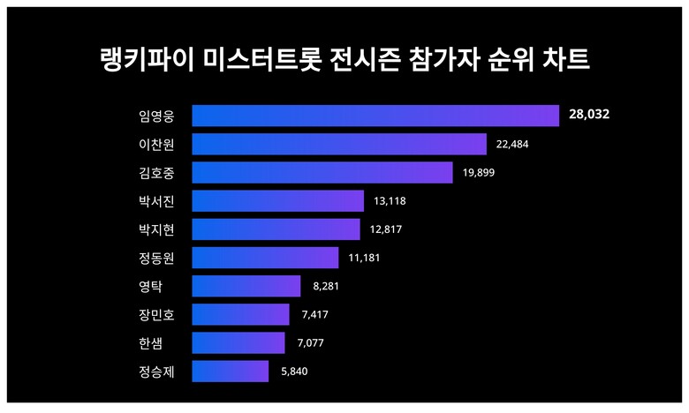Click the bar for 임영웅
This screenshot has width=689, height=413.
point(375,116)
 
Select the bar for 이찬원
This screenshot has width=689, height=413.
point(339,144)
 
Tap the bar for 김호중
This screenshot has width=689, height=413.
point(322,172)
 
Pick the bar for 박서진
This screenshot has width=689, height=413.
point(277,201)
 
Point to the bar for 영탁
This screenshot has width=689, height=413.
point(246,286)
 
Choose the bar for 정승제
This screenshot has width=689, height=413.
point(230,372)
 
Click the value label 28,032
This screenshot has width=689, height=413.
point(589,116)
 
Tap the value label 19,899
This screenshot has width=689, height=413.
point(480,172)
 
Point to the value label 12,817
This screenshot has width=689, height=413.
point(387,229)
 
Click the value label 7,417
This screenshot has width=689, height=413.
point(314,314)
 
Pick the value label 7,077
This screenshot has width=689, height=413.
point(310,342)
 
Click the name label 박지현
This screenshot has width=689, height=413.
point(156,229)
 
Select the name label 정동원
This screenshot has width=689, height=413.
point(156,258)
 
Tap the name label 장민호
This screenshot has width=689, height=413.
point(156,314)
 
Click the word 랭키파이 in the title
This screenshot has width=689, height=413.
point(145,61)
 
